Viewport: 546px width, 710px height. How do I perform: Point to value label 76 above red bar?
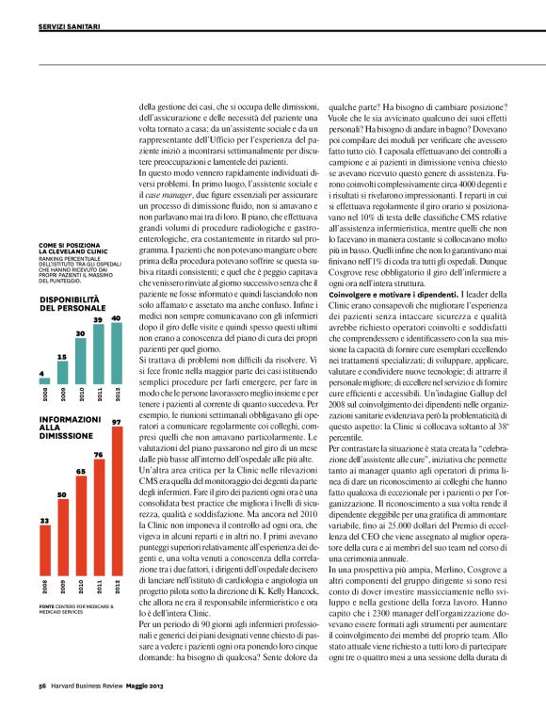[x=99, y=455]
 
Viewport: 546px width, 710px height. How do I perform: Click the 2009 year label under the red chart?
[x=62, y=586]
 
